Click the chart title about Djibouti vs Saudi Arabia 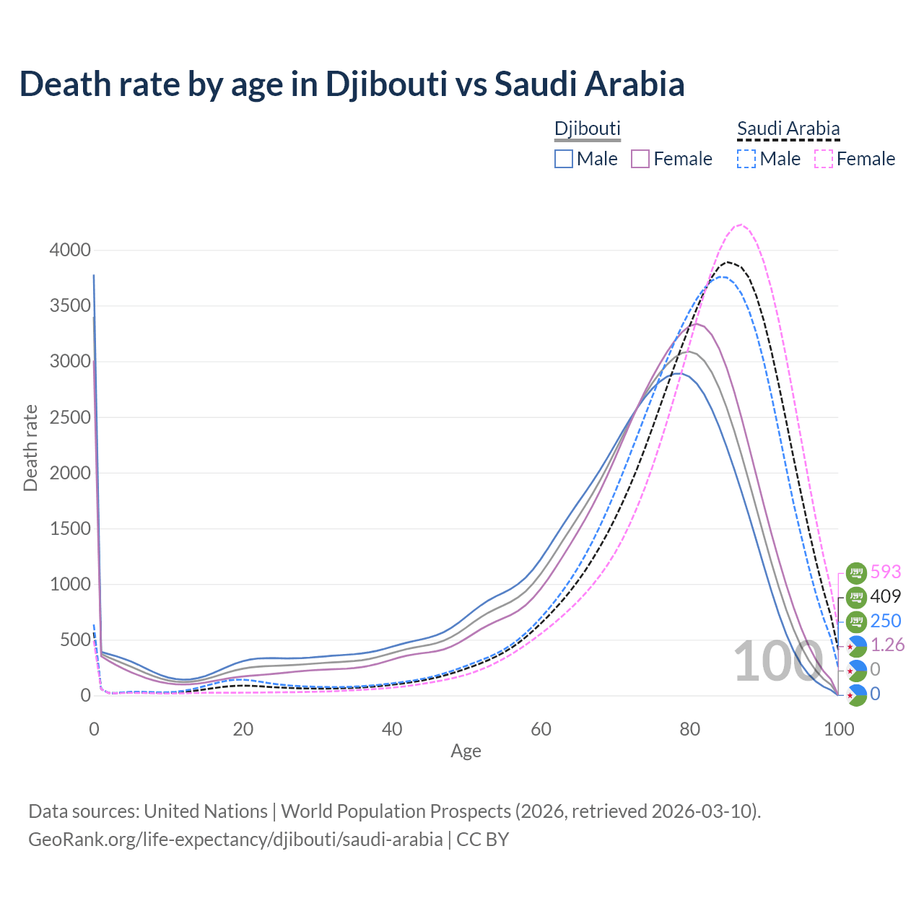(x=352, y=84)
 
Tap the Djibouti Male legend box (x=564, y=159)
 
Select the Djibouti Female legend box (x=641, y=159)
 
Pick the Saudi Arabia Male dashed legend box (x=746, y=159)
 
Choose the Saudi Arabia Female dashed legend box (x=824, y=159)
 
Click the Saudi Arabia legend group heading (x=788, y=129)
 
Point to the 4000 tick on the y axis (x=70, y=250)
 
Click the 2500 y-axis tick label (x=70, y=417)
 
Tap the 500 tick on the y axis (x=74, y=640)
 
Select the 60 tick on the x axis (x=541, y=729)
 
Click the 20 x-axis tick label (x=243, y=729)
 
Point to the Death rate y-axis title (x=30, y=448)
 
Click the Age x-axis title (x=466, y=751)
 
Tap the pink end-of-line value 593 (x=886, y=572)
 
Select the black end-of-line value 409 (x=886, y=597)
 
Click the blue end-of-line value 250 (x=886, y=622)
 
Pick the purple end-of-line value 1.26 (x=888, y=645)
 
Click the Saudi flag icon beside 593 (x=856, y=573)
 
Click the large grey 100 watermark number (x=778, y=662)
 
